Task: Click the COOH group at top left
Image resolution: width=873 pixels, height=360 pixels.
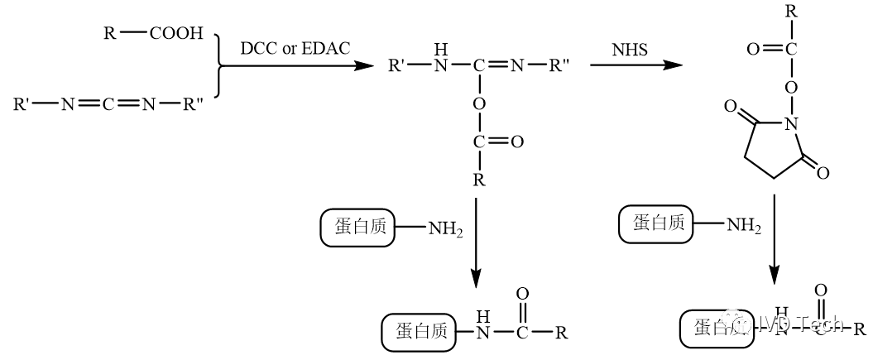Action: [175, 33]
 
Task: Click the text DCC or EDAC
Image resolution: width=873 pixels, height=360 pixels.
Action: [295, 48]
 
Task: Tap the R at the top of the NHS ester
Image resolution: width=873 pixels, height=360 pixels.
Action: [792, 12]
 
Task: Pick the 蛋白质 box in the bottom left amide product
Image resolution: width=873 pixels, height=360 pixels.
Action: [415, 331]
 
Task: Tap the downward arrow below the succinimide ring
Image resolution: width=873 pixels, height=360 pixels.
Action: [775, 240]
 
